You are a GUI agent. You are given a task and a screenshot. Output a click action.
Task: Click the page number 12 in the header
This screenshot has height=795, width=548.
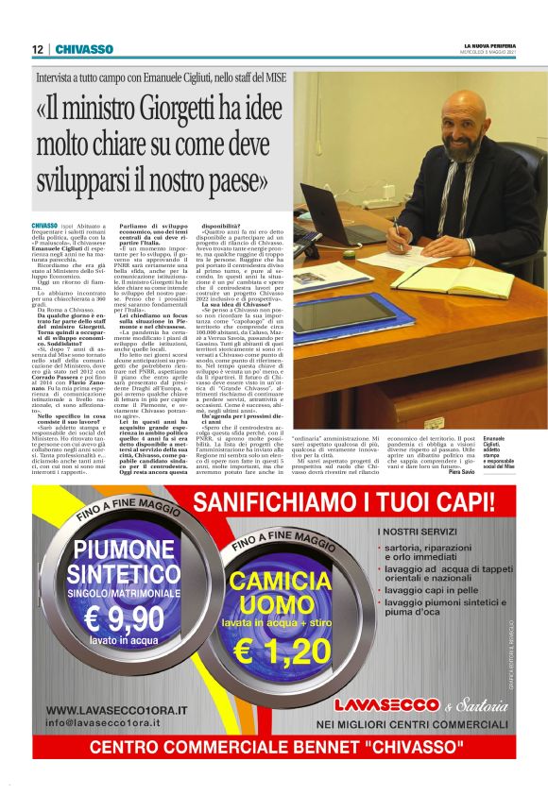(x=37, y=49)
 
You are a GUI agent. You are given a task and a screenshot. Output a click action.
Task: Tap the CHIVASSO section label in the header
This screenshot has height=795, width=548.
(x=84, y=49)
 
